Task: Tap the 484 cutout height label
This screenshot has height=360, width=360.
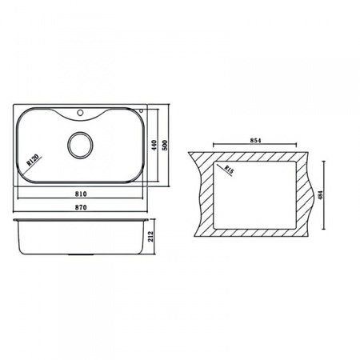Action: tap(328, 194)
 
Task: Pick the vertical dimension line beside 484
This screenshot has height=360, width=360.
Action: tap(323, 194)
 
